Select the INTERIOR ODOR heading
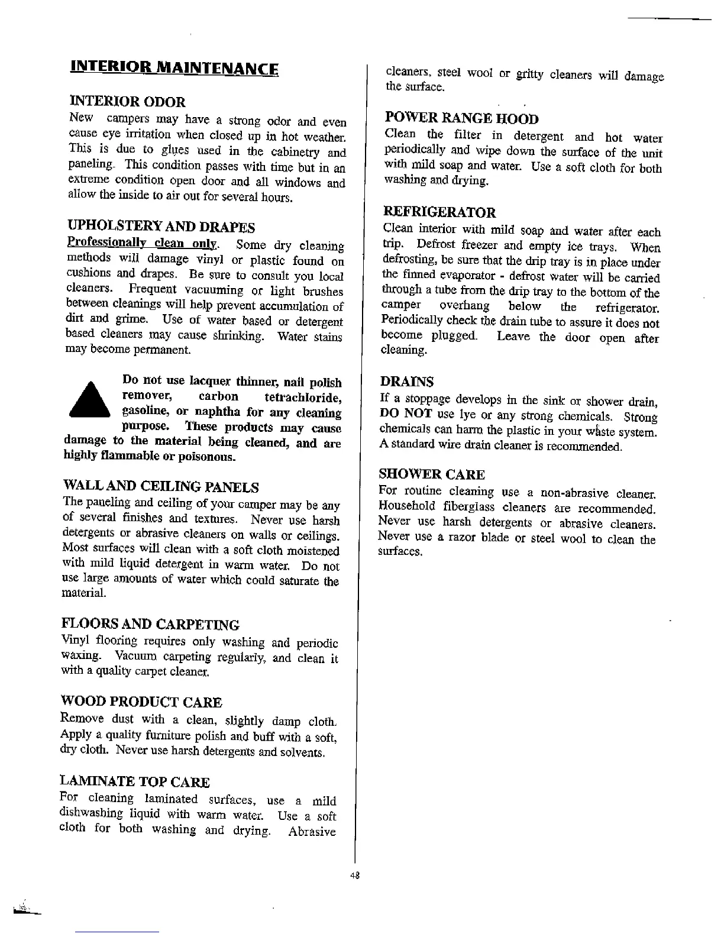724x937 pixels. coord(127,102)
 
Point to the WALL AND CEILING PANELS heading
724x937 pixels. coord(160,487)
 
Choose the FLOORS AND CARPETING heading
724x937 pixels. coord(150,625)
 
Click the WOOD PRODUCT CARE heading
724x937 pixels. coord(141,702)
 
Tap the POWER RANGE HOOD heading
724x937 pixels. coord(461,118)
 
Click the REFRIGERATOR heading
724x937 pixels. coord(439,212)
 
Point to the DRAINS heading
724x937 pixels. coord(406,382)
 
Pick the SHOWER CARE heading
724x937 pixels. coord(431,474)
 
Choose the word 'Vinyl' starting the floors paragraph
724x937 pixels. coord(75,641)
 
